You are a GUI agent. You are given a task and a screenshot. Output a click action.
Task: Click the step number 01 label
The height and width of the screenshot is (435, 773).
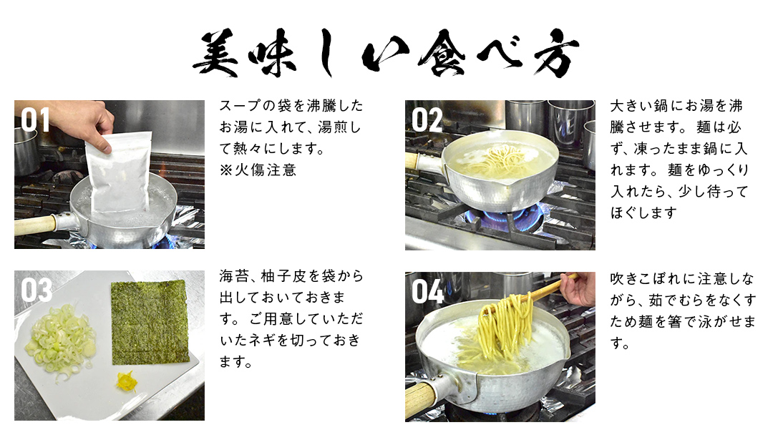click(35, 120)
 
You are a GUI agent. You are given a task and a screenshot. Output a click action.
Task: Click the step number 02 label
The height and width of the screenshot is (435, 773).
click(427, 120)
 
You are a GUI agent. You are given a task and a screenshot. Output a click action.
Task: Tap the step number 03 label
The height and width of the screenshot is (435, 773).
click(37, 290)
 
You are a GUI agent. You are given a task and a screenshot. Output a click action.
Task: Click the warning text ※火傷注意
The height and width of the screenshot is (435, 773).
click(257, 170)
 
